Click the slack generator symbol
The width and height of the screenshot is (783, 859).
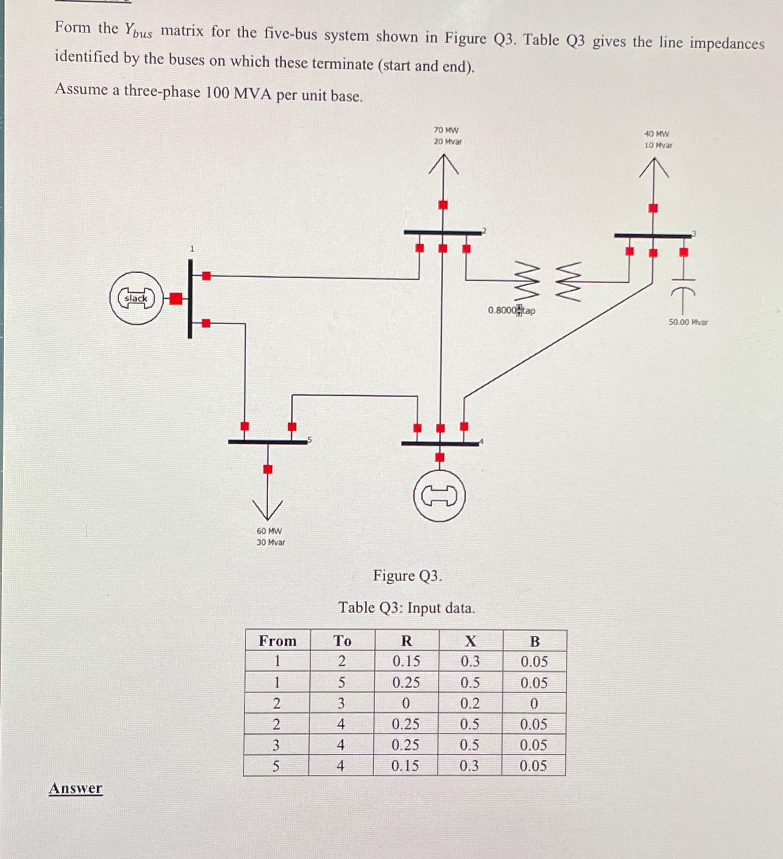tap(136, 298)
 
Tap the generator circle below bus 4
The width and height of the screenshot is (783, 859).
tap(439, 496)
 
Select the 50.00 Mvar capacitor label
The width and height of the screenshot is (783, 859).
tap(688, 322)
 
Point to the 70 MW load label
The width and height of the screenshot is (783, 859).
tap(446, 130)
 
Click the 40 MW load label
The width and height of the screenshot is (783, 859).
tap(657, 134)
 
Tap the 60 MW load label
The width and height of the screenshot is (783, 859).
tap(269, 531)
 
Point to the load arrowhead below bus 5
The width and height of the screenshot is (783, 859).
tap(268, 510)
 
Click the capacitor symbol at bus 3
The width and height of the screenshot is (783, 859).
tap(683, 287)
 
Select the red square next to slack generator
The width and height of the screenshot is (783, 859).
tap(176, 298)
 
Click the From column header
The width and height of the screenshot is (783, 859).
tap(277, 641)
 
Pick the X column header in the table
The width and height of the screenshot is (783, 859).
tap(470, 641)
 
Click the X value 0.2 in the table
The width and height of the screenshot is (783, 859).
tap(470, 703)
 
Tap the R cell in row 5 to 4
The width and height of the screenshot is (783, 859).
tap(405, 766)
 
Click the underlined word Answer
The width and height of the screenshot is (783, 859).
tap(76, 788)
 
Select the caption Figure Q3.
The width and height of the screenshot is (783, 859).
tap(407, 576)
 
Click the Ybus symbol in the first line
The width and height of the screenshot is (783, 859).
tap(138, 30)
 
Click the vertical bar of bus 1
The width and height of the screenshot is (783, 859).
tap(190, 299)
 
